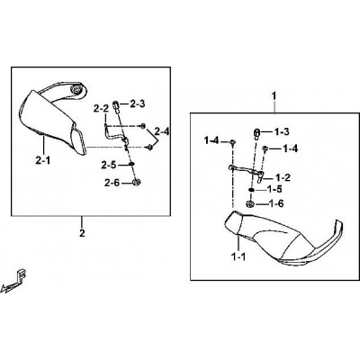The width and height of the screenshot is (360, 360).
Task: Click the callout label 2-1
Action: [x=43, y=161]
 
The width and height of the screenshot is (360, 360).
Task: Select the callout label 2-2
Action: [x=101, y=109]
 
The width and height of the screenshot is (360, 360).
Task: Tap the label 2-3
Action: [x=138, y=103]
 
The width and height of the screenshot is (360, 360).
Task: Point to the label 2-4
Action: [x=162, y=131]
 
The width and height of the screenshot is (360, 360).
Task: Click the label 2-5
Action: [x=108, y=165]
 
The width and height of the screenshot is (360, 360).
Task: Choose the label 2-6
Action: [x=112, y=183]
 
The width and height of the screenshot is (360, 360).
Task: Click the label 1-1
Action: [x=238, y=256]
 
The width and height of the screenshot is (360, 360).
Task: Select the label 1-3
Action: [x=281, y=131]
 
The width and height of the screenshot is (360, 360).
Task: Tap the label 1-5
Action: [x=275, y=190]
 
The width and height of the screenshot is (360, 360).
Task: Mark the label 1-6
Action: [x=276, y=203]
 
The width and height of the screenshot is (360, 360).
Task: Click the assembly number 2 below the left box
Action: [x=82, y=233]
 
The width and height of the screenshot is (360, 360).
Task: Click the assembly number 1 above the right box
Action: [x=274, y=96]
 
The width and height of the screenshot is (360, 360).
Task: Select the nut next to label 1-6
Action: [x=250, y=203]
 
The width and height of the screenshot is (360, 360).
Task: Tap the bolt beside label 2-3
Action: [x=116, y=106]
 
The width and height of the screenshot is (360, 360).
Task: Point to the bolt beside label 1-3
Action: [x=257, y=134]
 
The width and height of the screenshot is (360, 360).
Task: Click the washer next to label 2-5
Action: [x=132, y=164]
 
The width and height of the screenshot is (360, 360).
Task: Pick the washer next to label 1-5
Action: [x=251, y=190]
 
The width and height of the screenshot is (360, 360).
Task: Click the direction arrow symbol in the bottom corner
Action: [x=13, y=281]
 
